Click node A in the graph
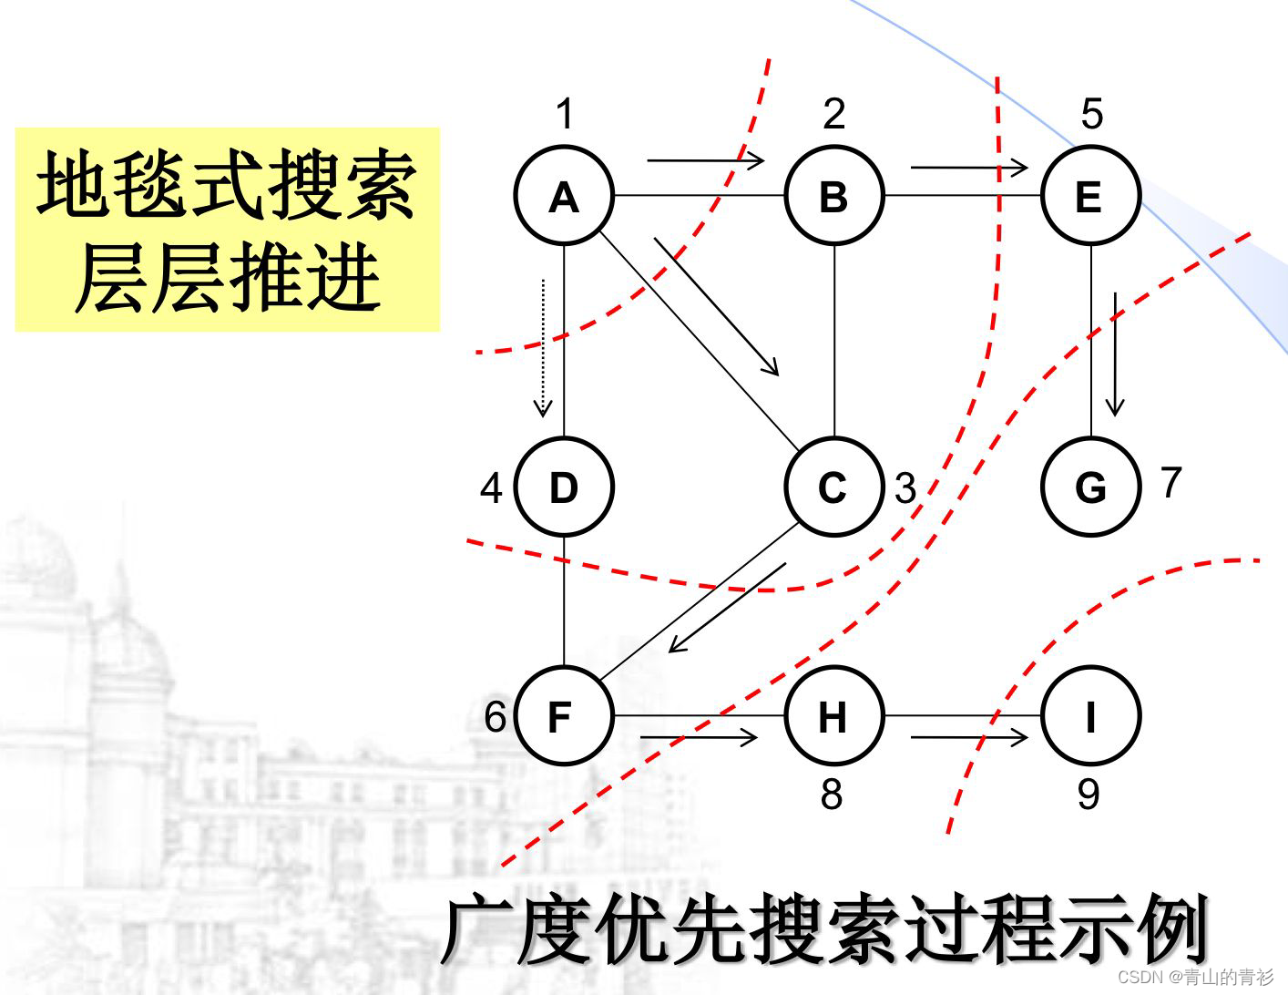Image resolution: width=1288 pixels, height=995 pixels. tap(564, 196)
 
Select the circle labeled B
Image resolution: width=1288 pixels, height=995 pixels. tap(833, 196)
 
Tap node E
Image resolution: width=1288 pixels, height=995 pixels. tap(1090, 196)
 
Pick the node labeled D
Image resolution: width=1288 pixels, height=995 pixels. tap(564, 487)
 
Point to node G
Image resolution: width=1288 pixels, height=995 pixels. tap(1090, 487)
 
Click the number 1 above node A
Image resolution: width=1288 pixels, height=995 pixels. tap(565, 115)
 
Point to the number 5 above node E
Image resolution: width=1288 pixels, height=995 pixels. tap(1091, 115)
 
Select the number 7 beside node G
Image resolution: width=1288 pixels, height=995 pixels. tap(1171, 482)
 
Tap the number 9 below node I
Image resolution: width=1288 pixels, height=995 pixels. tap(1089, 795)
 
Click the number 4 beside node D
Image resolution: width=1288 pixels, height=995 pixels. tap(491, 489)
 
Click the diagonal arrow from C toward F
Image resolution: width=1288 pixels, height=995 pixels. tap(727, 608)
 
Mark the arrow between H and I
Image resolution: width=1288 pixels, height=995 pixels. tap(969, 736)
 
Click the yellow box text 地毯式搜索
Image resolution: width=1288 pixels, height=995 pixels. tap(227, 186)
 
